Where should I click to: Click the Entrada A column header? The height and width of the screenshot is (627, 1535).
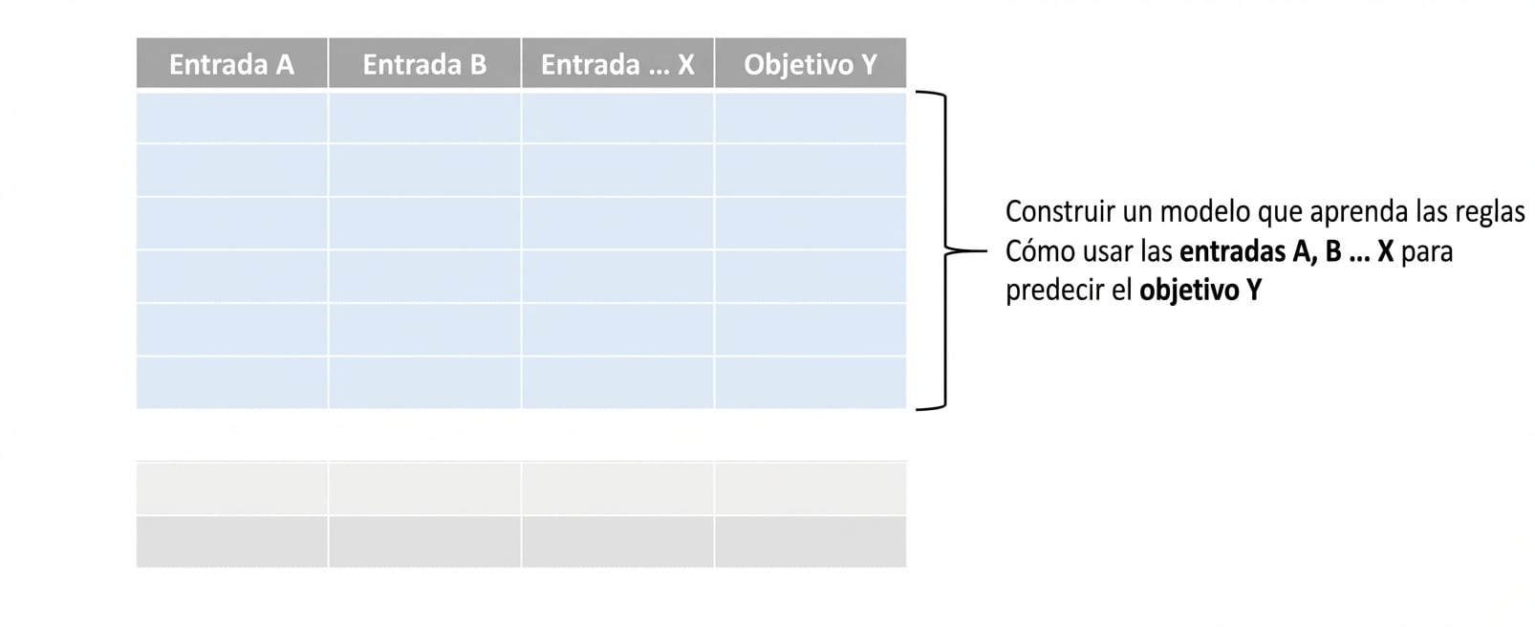point(231,64)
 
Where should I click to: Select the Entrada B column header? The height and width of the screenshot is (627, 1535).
point(425,64)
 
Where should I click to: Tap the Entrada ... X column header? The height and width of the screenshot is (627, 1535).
point(617,64)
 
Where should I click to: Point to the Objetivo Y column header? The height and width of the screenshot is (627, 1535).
point(811,64)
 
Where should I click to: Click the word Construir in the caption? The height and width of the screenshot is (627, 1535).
point(1060,211)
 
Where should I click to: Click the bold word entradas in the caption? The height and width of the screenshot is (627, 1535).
point(1231,250)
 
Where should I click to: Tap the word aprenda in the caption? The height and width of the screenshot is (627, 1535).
point(1359,212)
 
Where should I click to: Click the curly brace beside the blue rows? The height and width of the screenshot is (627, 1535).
point(946,250)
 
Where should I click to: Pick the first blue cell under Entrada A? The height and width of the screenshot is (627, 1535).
point(231,118)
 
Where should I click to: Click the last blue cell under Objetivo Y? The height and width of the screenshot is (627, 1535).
point(811,383)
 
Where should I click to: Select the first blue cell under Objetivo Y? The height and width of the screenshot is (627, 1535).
point(811,118)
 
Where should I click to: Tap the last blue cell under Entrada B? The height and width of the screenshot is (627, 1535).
point(425,383)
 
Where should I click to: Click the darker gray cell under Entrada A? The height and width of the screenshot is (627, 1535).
point(231,542)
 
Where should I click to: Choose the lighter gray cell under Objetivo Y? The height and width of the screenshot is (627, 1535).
point(811,488)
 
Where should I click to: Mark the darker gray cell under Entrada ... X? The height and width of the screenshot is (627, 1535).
point(617,542)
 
